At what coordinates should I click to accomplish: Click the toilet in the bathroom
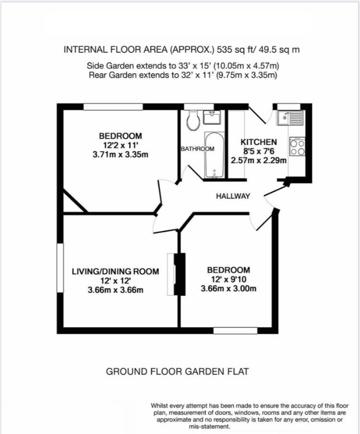coord(193,121)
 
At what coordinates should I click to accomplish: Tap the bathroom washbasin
coord(212,117)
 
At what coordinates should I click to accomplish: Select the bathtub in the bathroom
coord(214,155)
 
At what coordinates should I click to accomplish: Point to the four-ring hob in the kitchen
coord(298,146)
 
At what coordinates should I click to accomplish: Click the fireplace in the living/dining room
coord(176,274)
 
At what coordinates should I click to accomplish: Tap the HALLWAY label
coord(233,196)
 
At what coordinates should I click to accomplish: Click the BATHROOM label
coord(198,149)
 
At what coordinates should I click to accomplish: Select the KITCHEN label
coord(259,142)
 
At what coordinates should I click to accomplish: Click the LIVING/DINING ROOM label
coord(115,271)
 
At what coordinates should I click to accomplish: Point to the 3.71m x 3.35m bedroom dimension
coord(120,154)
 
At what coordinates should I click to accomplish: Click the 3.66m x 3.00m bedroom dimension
coord(228,289)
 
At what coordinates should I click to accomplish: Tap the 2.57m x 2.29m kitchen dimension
coord(259,161)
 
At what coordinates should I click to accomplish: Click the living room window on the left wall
coord(60,268)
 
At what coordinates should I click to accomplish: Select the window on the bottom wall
coord(235,330)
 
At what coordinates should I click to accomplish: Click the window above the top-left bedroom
coord(113,107)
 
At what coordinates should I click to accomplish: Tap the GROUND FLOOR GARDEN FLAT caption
coord(178,371)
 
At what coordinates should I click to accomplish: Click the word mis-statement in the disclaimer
coord(209,426)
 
